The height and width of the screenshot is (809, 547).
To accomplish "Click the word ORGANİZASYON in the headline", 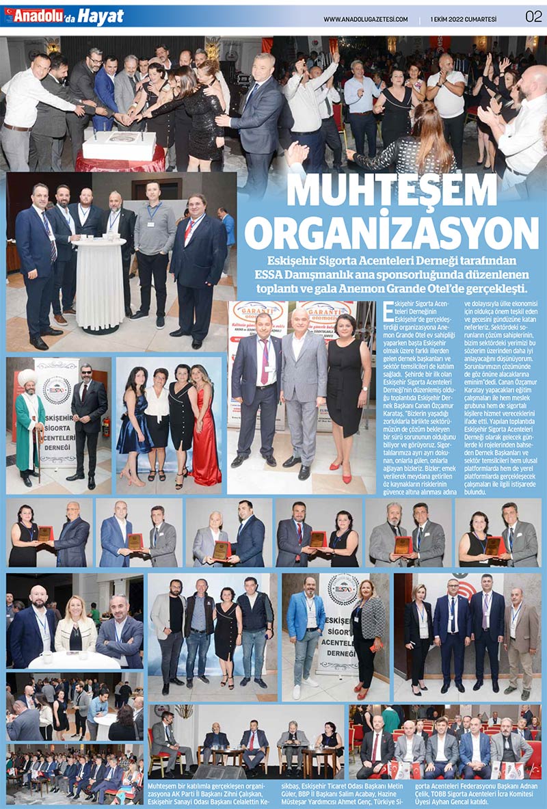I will click(x=392, y=233).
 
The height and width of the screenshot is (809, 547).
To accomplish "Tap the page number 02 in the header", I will click(x=533, y=16).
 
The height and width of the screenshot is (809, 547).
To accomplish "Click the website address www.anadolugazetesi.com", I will click(x=365, y=18).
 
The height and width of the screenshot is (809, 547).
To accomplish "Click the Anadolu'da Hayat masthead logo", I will click(x=66, y=16).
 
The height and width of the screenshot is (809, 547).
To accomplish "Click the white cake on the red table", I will click(x=120, y=145).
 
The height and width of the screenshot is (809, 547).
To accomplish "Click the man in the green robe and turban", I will click(x=29, y=423).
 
